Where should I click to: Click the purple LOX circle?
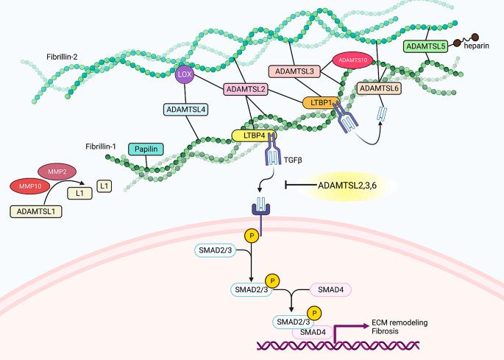[184, 74]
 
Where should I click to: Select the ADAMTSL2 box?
[246, 89]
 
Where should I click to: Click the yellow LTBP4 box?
[252, 135]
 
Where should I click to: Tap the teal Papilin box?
[147, 149]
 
